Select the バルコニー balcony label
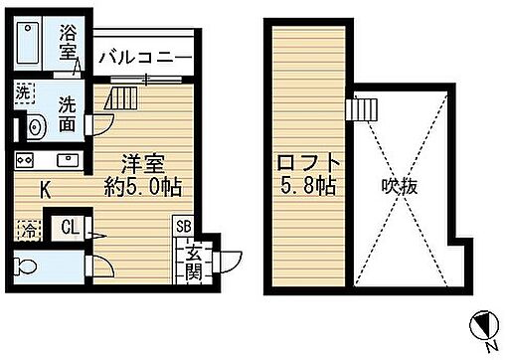143,57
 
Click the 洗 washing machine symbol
24,91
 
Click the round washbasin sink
36,126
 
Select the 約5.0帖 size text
145,185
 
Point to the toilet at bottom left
31,266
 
